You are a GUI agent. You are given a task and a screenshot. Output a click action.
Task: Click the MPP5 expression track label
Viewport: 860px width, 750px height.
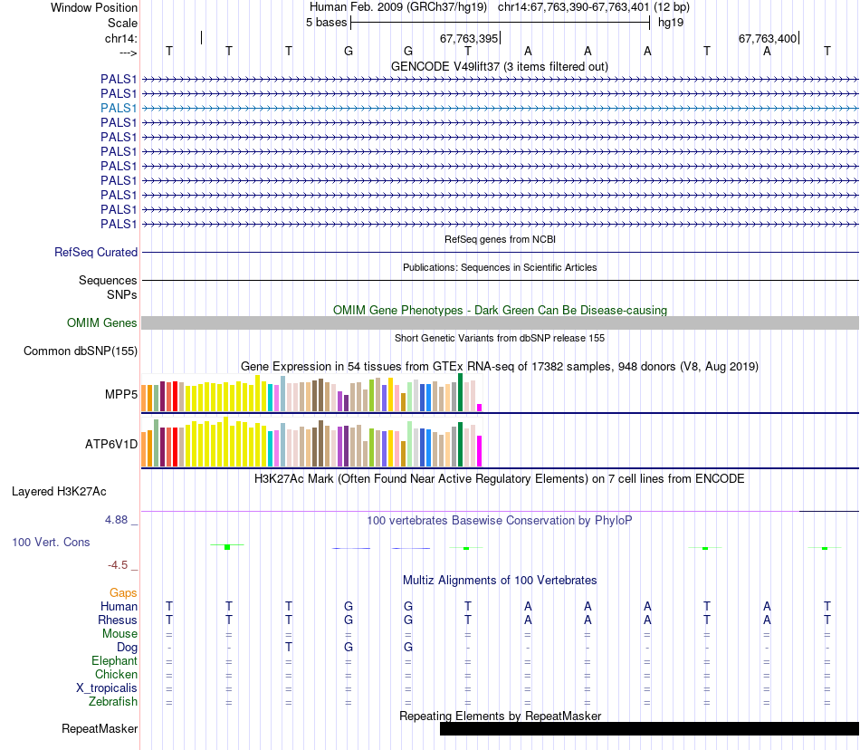pyautogui.click(x=121, y=395)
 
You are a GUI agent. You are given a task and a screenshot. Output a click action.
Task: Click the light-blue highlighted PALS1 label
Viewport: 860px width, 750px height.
pyautogui.click(x=119, y=108)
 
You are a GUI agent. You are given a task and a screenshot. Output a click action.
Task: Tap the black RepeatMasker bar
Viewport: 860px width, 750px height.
pyautogui.click(x=648, y=729)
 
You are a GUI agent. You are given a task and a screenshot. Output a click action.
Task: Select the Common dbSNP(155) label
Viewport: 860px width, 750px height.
pyautogui.click(x=81, y=351)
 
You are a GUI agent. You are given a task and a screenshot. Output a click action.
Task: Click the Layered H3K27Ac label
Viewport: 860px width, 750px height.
pyautogui.click(x=59, y=492)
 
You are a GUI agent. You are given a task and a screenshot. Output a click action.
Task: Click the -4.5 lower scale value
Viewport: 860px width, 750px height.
pyautogui.click(x=119, y=565)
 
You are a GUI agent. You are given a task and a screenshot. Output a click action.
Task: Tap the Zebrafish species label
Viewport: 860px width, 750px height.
pyautogui.click(x=113, y=702)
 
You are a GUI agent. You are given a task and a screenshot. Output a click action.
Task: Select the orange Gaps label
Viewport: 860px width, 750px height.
pyautogui.click(x=123, y=592)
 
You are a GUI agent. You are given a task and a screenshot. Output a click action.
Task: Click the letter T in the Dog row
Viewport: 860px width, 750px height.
pyautogui.click(x=289, y=648)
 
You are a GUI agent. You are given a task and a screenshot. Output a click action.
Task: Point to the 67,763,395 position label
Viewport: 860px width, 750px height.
pyautogui.click(x=469, y=39)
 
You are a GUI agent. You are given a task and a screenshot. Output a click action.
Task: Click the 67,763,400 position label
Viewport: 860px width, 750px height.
pyautogui.click(x=768, y=39)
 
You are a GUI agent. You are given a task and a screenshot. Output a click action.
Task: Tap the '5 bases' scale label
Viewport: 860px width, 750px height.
pyautogui.click(x=326, y=22)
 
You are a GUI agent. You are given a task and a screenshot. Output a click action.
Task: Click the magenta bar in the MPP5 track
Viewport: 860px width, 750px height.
pyautogui.click(x=479, y=407)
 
